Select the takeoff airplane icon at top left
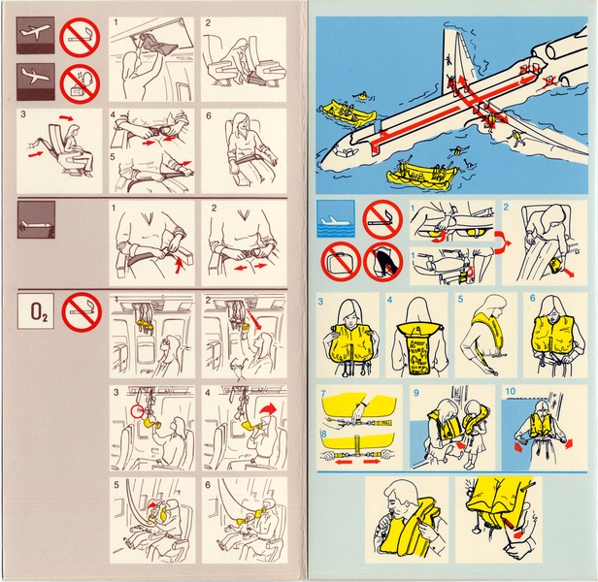37,37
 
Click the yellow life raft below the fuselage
419,176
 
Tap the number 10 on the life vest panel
512,395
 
